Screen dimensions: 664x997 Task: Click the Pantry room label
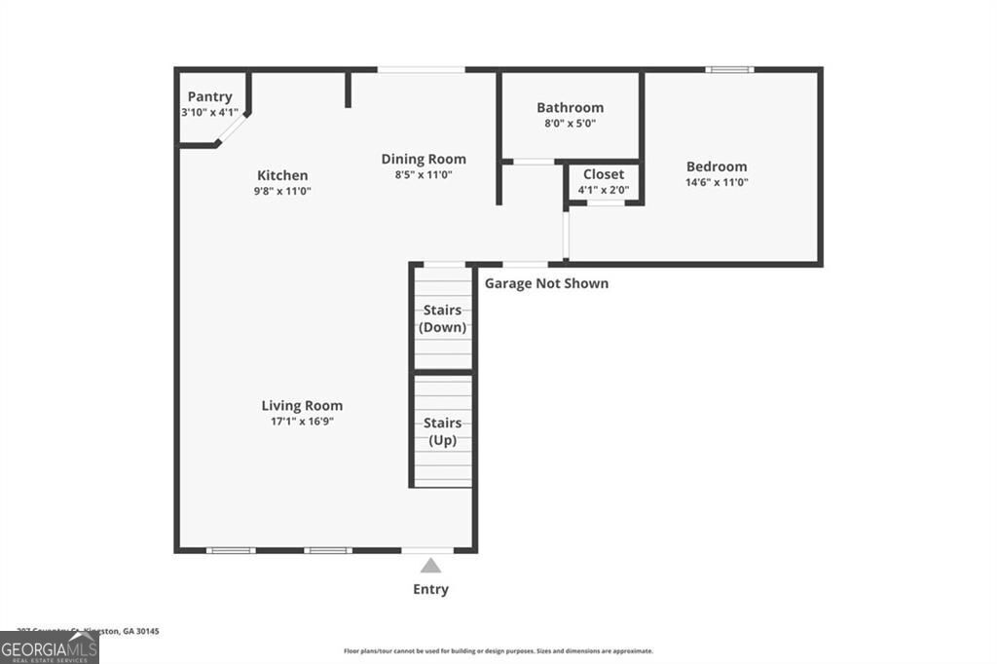[209, 96]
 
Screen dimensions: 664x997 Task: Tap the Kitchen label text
[282, 175]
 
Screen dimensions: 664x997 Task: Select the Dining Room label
[424, 159]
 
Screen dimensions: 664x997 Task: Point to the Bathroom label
[570, 107]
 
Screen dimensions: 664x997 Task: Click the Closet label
[604, 174]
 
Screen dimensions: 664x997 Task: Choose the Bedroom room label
[717, 166]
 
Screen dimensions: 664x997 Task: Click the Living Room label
[302, 405]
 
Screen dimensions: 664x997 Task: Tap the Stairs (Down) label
[442, 318]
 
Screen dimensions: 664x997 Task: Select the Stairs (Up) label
[442, 431]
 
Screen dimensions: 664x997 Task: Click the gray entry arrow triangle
[430, 565]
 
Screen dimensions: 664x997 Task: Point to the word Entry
[430, 589]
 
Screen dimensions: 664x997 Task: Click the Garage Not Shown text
[546, 283]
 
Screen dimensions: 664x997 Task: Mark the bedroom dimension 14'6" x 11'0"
[717, 182]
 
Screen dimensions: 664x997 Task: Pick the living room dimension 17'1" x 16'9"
[302, 422]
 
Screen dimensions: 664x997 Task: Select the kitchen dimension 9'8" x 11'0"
[282, 191]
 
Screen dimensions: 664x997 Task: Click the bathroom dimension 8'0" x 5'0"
[570, 124]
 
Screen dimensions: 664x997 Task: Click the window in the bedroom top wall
[729, 69]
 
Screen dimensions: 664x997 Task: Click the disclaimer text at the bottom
[498, 651]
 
